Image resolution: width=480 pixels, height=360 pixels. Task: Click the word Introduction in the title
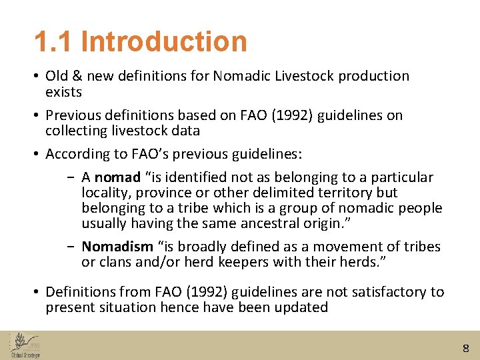point(164,41)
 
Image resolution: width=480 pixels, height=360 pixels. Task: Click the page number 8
point(465,347)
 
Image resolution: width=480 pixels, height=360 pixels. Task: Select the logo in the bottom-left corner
point(25,345)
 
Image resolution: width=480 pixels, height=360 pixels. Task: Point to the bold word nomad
point(117,177)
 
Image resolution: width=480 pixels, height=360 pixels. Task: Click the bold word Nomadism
point(117,247)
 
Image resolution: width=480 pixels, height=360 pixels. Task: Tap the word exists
point(63,91)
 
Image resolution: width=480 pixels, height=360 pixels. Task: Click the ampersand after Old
point(77,76)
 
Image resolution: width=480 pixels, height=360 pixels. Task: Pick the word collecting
point(76,131)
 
